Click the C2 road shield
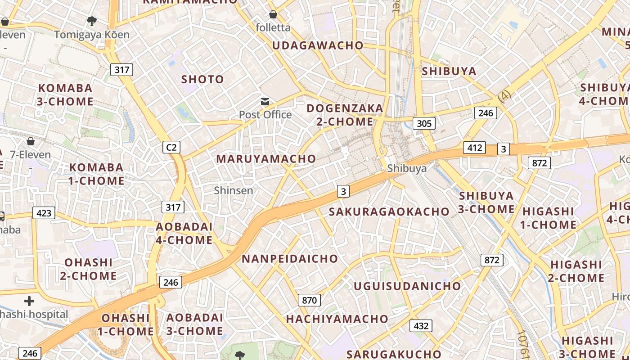coord(171,147)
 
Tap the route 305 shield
coord(424,123)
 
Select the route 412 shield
coord(475,148)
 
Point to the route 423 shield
coord(44,213)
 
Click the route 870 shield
coord(309,300)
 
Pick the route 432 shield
coord(421,326)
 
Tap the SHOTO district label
coord(202,80)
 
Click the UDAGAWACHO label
coord(318,45)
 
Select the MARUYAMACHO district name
coord(266,159)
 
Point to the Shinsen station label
coord(234,190)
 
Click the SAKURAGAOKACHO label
coord(389,211)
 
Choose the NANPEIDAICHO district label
coord(290,259)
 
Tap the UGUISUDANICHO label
coord(407,286)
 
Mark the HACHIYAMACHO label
coord(337,319)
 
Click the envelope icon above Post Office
coord(265,102)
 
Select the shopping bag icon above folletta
coord(273,15)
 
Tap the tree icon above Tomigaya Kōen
coord(92,21)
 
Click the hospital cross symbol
coord(29,301)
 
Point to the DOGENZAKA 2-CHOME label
coord(345,115)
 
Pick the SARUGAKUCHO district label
coord(394,354)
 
